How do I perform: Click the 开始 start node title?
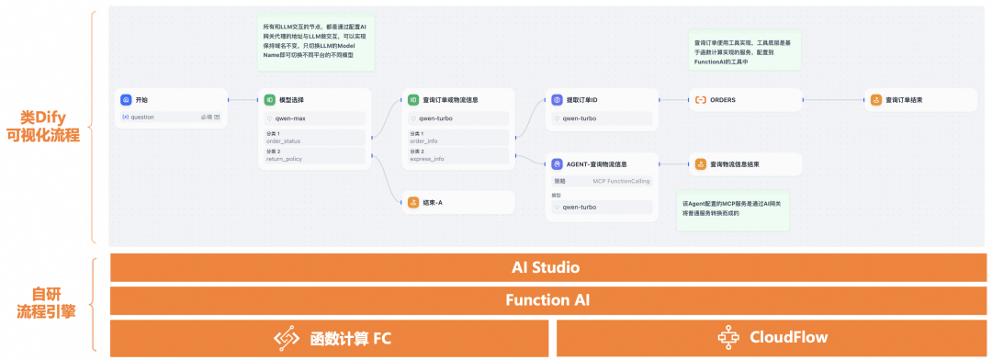141,99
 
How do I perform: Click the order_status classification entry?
284,141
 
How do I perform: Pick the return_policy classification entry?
284,159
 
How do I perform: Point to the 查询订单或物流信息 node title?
450,99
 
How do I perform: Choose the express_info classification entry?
427,159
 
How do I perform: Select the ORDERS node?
722,99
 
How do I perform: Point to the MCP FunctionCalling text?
621,181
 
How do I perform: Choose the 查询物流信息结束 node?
734,164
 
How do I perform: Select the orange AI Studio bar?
545,267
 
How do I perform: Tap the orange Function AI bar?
545,299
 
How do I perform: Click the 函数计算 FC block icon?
287,337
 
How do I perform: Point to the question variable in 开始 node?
142,117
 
